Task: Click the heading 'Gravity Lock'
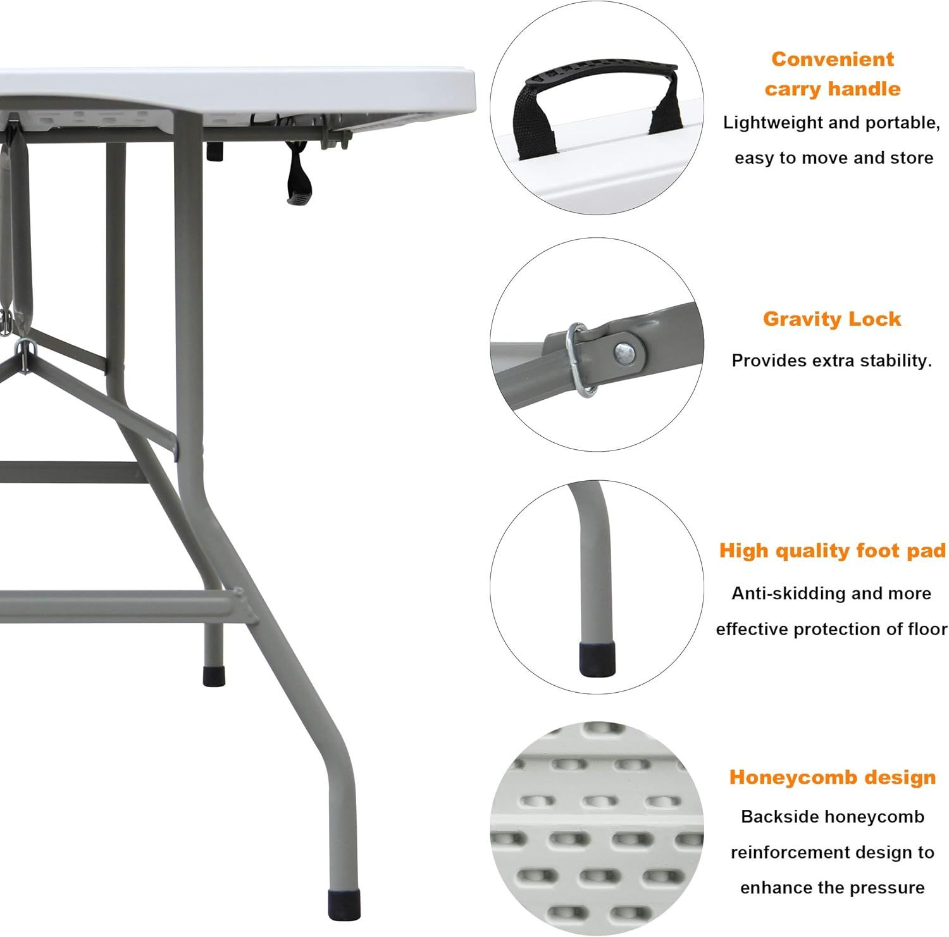(x=832, y=318)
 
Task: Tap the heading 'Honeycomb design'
(x=833, y=777)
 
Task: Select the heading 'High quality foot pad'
(x=833, y=551)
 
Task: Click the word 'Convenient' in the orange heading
(x=833, y=59)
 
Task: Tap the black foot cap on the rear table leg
(x=214, y=676)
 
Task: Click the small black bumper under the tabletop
(x=216, y=151)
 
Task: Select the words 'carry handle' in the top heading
(x=833, y=89)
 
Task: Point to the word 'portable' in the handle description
(x=902, y=123)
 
